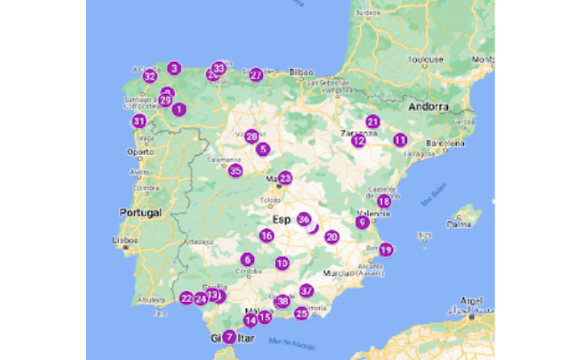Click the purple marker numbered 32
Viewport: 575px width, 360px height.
click(x=150, y=76)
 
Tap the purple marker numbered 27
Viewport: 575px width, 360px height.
click(x=256, y=75)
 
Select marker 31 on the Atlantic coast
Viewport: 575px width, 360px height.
click(x=139, y=121)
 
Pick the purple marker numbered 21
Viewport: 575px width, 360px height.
click(x=372, y=121)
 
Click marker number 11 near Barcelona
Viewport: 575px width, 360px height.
click(x=400, y=139)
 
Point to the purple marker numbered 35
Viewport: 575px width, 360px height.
click(x=235, y=170)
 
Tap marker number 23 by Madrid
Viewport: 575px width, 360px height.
click(x=285, y=178)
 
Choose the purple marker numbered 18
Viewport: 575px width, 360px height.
click(x=384, y=201)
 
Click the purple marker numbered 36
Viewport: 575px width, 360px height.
click(x=303, y=219)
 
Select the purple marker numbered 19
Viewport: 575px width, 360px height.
click(x=386, y=249)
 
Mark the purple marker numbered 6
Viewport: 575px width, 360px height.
click(x=247, y=260)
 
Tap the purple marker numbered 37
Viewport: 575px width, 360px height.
click(x=306, y=290)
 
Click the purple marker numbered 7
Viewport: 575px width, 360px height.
click(x=229, y=337)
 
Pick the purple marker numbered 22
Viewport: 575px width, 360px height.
click(x=187, y=298)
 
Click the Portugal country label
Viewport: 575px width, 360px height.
click(x=141, y=213)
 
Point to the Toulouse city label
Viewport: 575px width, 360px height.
click(x=425, y=59)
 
